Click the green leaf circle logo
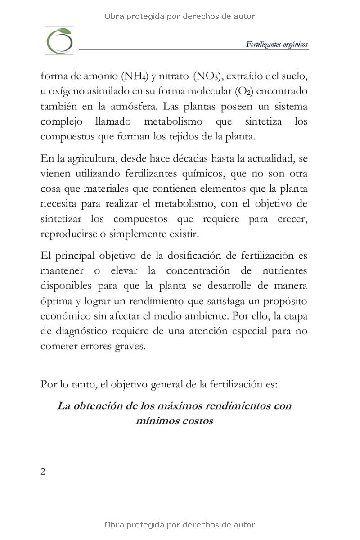tap(59, 40)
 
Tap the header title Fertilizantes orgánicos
tap(277, 44)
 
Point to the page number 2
tap(43, 472)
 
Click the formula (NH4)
tap(134, 76)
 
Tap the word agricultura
tap(85, 158)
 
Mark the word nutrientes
tap(283, 271)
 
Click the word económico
tap(64, 316)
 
